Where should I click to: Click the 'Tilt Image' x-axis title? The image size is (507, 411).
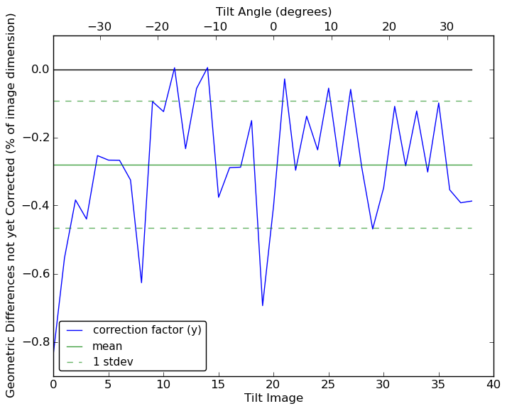pyautogui.click(x=273, y=398)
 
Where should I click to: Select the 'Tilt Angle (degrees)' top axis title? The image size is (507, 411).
pyautogui.click(x=273, y=11)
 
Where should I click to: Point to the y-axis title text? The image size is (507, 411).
pyautogui.click(x=11, y=205)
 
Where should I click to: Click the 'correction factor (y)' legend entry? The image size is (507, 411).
pyautogui.click(x=147, y=330)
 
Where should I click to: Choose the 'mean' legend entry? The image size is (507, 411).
pyautogui.click(x=107, y=346)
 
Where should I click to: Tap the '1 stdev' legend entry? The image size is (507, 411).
pyautogui.click(x=113, y=362)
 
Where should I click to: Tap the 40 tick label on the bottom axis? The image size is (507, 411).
pyautogui.click(x=494, y=385)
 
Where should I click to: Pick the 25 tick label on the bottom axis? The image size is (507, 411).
pyautogui.click(x=328, y=385)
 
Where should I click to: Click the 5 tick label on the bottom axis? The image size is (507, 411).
pyautogui.click(x=108, y=385)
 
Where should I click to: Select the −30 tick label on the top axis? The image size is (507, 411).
pyautogui.click(x=99, y=27)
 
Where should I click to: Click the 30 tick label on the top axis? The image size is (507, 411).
pyautogui.click(x=447, y=27)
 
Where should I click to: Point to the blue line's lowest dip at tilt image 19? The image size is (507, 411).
pyautogui.click(x=263, y=306)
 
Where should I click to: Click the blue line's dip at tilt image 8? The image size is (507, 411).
pyautogui.click(x=141, y=283)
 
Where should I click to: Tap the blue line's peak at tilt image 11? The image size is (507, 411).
pyautogui.click(x=175, y=68)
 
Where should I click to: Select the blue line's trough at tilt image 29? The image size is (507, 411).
pyautogui.click(x=373, y=229)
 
